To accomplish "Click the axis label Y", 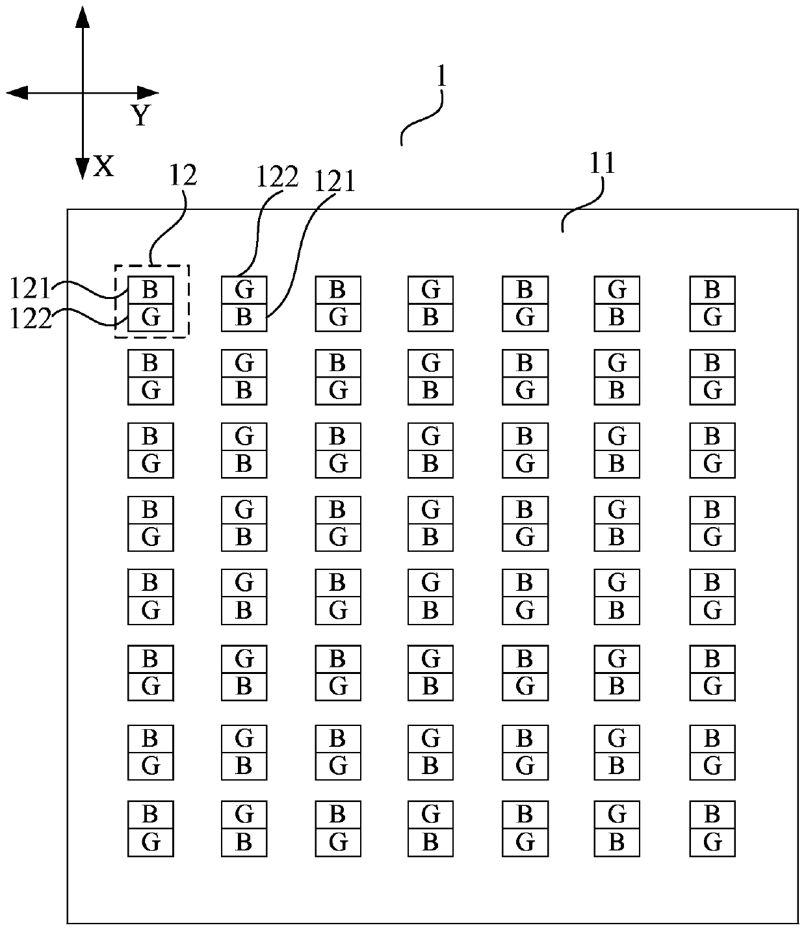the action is tap(140, 115).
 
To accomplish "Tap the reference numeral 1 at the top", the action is tap(441, 76).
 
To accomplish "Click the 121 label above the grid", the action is tap(334, 182).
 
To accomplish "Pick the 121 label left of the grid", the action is tap(30, 289).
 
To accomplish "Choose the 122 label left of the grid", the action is tap(30, 319).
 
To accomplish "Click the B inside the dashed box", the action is tap(150, 290).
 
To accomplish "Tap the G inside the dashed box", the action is tap(151, 317).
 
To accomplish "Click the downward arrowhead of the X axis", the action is tap(83, 169).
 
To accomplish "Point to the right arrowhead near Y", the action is tap(148, 93).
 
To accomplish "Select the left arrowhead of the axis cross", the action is tap(17, 93).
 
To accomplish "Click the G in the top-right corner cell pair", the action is tap(712, 317).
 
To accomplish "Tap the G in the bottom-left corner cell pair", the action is tap(151, 842).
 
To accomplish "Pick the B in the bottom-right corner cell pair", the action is tap(712, 815).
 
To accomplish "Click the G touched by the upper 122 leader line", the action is tap(244, 290).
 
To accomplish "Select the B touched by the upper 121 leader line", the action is tap(244, 317).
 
